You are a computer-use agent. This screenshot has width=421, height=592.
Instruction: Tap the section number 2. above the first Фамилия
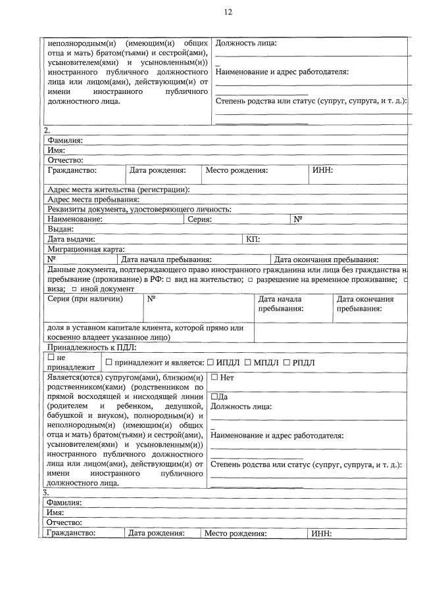click(46, 130)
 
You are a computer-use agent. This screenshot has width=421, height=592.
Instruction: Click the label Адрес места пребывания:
click(93, 199)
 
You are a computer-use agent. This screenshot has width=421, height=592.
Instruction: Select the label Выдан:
click(60, 229)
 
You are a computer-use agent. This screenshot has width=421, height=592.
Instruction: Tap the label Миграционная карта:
click(86, 249)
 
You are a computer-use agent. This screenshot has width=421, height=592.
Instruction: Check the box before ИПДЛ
click(210, 363)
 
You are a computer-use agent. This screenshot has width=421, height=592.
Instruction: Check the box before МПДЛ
click(248, 363)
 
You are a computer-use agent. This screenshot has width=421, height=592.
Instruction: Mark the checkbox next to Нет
click(214, 378)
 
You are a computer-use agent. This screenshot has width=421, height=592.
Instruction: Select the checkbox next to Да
click(214, 397)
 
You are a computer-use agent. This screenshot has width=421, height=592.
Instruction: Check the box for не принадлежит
click(51, 357)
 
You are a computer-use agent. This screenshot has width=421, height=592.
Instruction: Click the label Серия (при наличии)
click(86, 299)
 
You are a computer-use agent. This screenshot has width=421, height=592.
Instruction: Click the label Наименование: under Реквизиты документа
click(75, 219)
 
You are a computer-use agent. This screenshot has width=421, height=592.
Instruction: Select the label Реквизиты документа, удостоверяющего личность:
click(139, 209)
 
